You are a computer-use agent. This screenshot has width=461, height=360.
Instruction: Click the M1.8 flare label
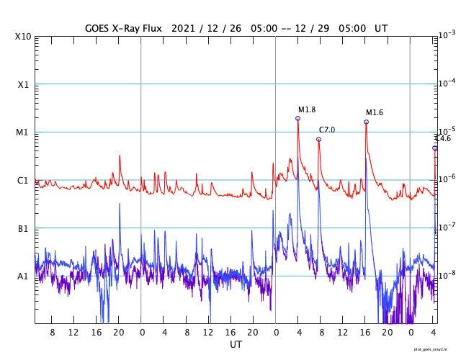[x=308, y=109]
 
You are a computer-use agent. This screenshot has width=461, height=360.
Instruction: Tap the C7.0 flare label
[x=327, y=130]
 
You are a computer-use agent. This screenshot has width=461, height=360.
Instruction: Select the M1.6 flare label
[x=375, y=112]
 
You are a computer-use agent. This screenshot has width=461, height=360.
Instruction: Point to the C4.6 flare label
[x=443, y=138]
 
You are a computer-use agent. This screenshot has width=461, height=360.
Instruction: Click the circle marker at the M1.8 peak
[x=297, y=118]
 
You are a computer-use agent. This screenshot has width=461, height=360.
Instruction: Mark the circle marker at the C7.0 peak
[x=318, y=139]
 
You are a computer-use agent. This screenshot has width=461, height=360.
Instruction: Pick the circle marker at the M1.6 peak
[x=366, y=122]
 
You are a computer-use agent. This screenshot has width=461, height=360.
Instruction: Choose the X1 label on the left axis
[x=23, y=84]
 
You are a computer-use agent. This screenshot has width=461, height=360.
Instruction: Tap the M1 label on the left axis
[x=23, y=132]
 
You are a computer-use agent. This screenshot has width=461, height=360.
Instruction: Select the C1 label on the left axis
[x=23, y=180]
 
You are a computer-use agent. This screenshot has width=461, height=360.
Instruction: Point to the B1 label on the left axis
[x=23, y=228]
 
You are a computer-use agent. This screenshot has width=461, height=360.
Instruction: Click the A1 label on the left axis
[x=23, y=276]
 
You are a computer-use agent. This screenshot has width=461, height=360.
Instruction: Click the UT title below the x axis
[x=236, y=345]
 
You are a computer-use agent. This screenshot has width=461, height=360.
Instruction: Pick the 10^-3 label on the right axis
[x=447, y=35]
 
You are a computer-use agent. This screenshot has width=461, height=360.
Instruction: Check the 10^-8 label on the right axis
[x=447, y=274]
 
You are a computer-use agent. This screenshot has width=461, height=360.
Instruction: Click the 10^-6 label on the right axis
[x=447, y=179]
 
